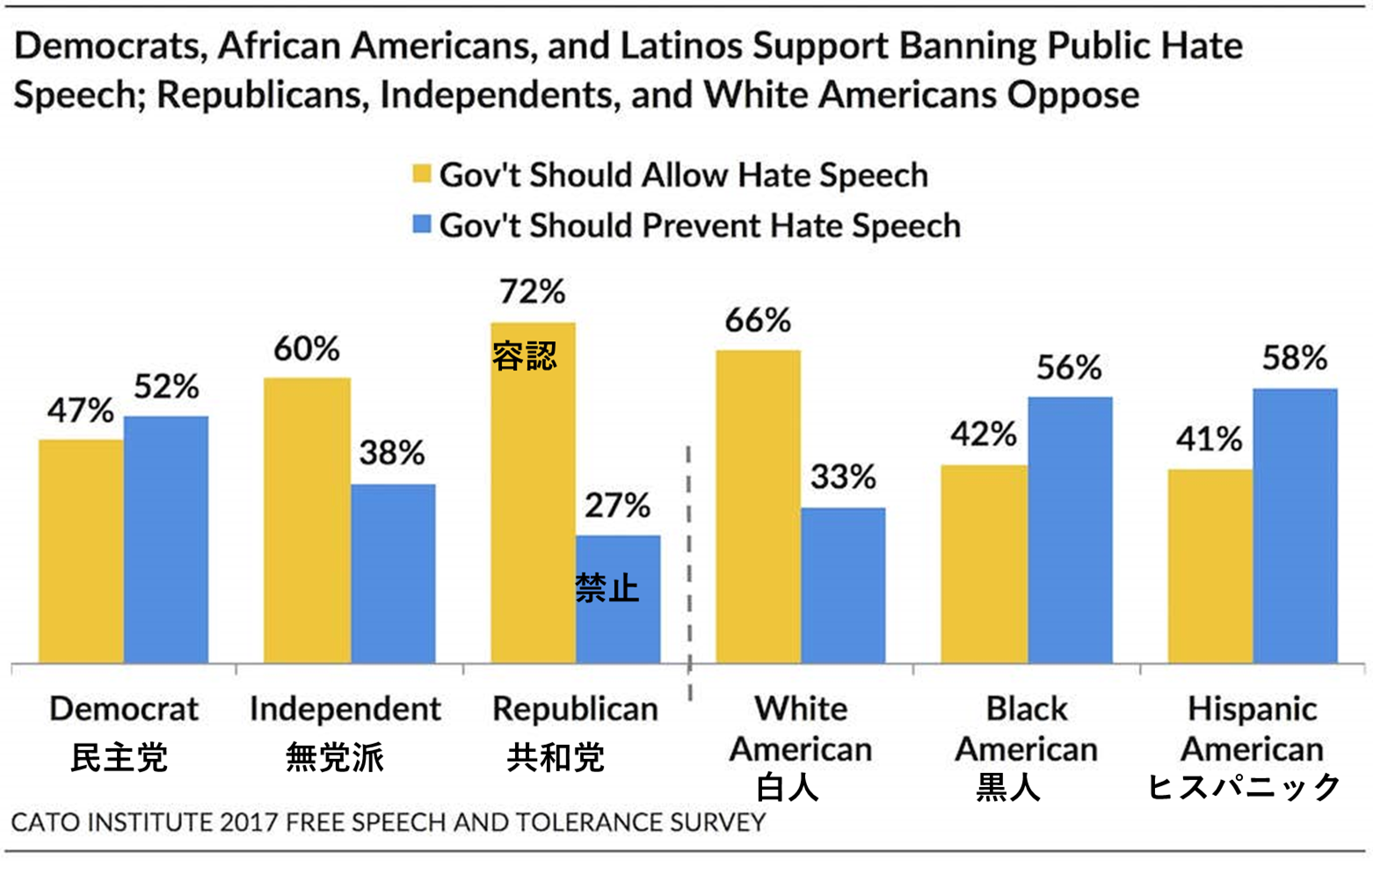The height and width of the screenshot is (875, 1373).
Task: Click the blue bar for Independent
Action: click(x=393, y=573)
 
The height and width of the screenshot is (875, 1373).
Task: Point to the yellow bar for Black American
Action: click(x=984, y=564)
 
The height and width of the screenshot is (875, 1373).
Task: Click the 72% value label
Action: click(x=532, y=291)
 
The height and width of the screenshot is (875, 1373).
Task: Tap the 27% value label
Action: click(x=617, y=506)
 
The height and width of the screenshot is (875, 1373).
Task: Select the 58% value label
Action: click(x=1295, y=358)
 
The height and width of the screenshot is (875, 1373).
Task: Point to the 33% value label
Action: click(x=843, y=477)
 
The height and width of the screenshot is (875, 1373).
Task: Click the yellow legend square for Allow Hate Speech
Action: click(x=422, y=173)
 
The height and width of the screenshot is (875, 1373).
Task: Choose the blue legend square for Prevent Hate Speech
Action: click(x=422, y=224)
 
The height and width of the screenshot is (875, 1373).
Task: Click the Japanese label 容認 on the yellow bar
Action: click(x=524, y=356)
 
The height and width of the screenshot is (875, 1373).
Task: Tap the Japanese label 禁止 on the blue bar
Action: click(x=607, y=588)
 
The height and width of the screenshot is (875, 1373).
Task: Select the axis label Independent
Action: click(x=345, y=709)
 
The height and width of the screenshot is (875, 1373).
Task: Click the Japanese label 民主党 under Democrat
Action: click(x=119, y=757)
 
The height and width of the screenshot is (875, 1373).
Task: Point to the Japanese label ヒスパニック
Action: click(x=1243, y=785)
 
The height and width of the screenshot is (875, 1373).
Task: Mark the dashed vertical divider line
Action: click(x=689, y=572)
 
